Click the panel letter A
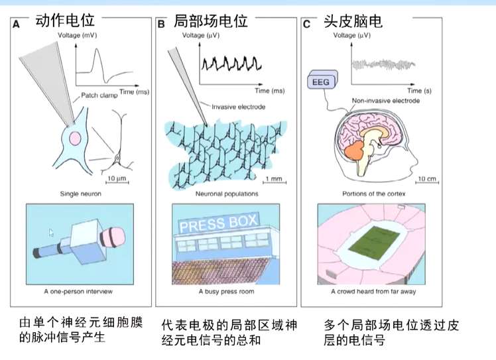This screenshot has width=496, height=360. (x=16, y=25)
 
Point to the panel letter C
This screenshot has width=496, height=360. (x=306, y=25)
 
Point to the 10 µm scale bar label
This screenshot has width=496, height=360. (x=116, y=178)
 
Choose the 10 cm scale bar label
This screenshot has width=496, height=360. (x=426, y=178)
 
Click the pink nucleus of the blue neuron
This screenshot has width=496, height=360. (x=75, y=139)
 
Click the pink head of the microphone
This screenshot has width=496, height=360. (x=112, y=237)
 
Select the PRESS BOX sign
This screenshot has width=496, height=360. (x=217, y=224)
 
